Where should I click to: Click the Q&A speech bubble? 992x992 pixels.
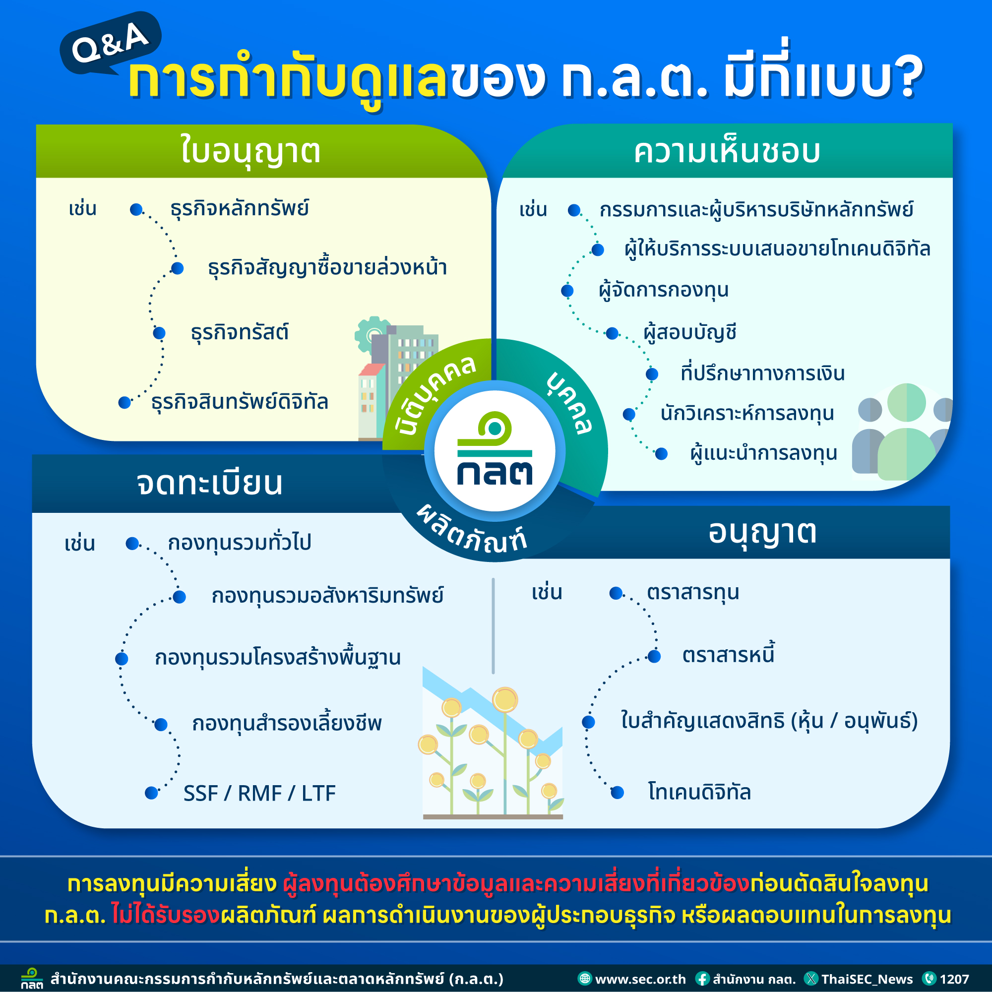[x=111, y=44]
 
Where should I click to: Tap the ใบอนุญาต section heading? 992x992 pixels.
[x=250, y=151]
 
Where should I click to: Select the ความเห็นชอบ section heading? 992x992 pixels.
[x=727, y=152]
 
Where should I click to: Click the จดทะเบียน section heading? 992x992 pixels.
[x=209, y=483]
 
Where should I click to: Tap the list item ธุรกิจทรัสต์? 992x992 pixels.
[x=239, y=333]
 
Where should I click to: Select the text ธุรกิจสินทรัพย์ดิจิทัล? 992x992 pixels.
[x=239, y=402]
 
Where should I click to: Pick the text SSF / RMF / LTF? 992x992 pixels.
[x=259, y=793]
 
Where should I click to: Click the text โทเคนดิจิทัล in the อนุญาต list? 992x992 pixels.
[x=699, y=792]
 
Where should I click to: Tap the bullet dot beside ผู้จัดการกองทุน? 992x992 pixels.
[x=567, y=291]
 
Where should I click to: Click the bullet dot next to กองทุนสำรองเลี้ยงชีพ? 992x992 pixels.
[x=161, y=725]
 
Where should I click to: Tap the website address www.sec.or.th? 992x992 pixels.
[x=640, y=979]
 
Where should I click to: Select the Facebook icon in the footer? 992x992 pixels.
[x=702, y=979]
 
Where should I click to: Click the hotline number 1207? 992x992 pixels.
[x=954, y=979]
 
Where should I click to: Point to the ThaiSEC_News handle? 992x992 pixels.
[x=867, y=979]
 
